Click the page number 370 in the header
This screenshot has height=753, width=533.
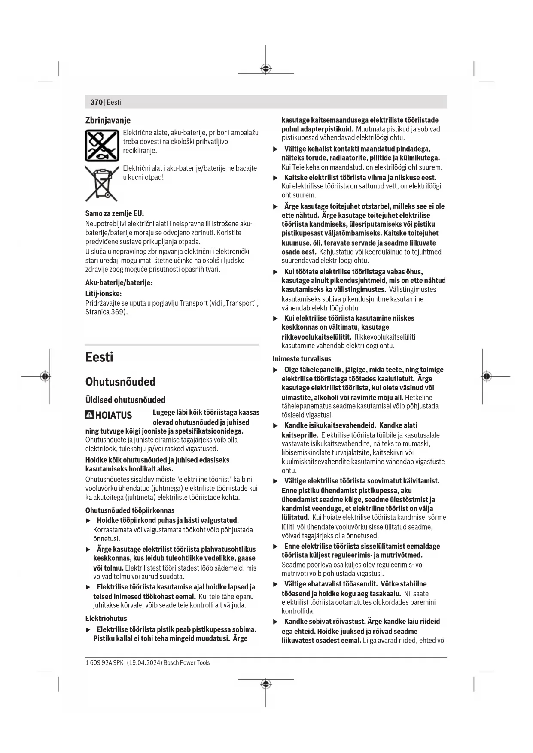click(x=96, y=102)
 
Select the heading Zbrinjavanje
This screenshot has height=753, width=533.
click(x=108, y=120)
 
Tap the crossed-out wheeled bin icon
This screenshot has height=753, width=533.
click(x=101, y=183)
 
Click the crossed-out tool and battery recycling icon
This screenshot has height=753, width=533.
click(x=102, y=146)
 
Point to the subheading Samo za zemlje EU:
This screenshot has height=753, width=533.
click(x=115, y=213)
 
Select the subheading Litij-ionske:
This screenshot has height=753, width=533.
click(x=104, y=294)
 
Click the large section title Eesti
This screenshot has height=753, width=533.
click(x=99, y=357)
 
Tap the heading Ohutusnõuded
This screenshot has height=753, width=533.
click(x=120, y=382)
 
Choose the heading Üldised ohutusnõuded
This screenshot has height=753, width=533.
click(x=125, y=400)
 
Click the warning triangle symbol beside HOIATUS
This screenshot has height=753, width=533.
click(x=89, y=415)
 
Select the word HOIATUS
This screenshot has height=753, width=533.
click(x=113, y=415)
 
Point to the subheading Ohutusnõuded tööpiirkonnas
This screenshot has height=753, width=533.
click(x=130, y=510)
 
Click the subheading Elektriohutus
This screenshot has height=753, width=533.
click(x=106, y=619)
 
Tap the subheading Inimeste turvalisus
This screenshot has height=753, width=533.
click(x=302, y=359)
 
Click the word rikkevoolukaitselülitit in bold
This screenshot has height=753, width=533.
click(x=316, y=337)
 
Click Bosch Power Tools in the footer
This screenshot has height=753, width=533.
click(x=187, y=663)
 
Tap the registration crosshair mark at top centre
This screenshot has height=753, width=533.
click(x=266, y=69)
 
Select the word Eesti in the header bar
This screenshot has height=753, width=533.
click(x=114, y=102)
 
